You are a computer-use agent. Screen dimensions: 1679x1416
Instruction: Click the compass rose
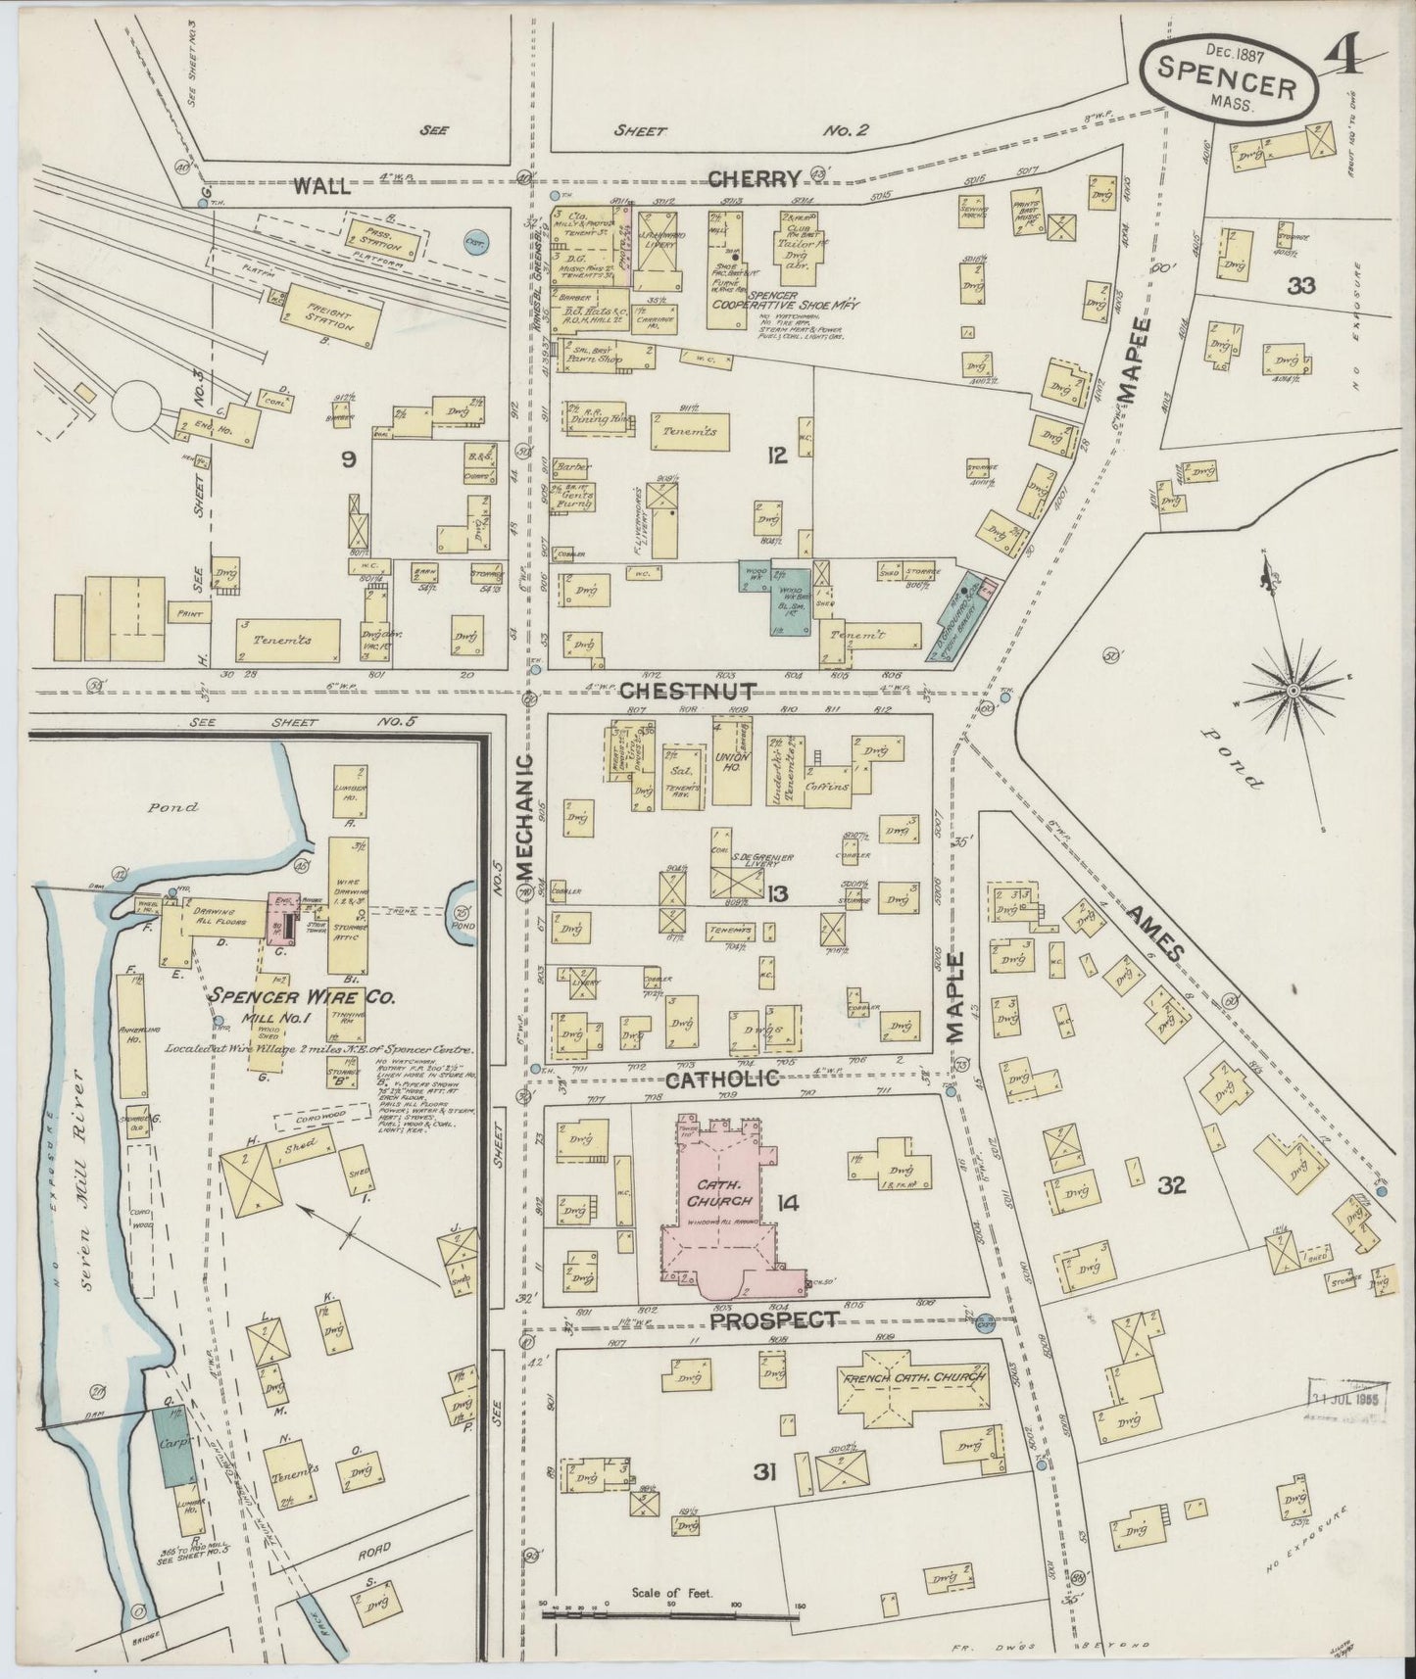click(1292, 691)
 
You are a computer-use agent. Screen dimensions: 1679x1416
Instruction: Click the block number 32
click(1171, 1186)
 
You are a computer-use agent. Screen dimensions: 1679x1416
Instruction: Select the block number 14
click(787, 1202)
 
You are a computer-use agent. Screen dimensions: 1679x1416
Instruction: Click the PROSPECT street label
click(774, 1319)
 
